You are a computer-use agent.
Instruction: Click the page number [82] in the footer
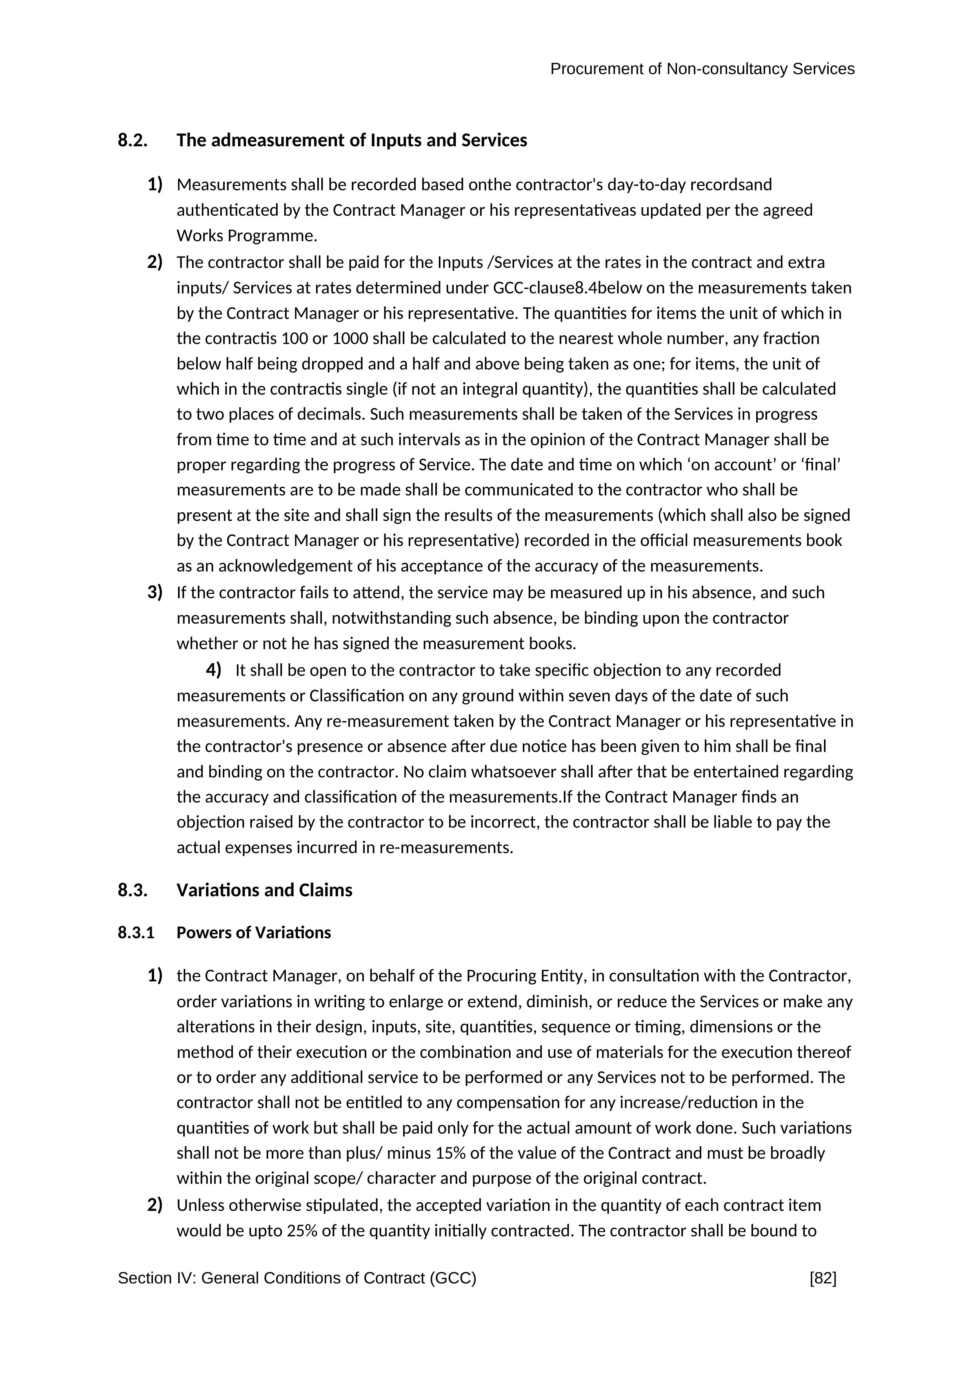point(823,1278)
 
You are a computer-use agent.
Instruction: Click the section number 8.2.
point(133,140)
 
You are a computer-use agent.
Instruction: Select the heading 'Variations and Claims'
point(264,890)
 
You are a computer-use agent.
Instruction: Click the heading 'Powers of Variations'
point(253,932)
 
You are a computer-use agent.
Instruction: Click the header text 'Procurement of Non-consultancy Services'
point(702,69)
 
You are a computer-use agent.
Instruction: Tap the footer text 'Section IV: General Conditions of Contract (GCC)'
point(297,1278)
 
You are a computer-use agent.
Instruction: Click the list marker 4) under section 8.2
point(213,670)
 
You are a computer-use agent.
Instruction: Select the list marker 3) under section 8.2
point(155,592)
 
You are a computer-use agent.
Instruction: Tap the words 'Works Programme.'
point(246,235)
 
